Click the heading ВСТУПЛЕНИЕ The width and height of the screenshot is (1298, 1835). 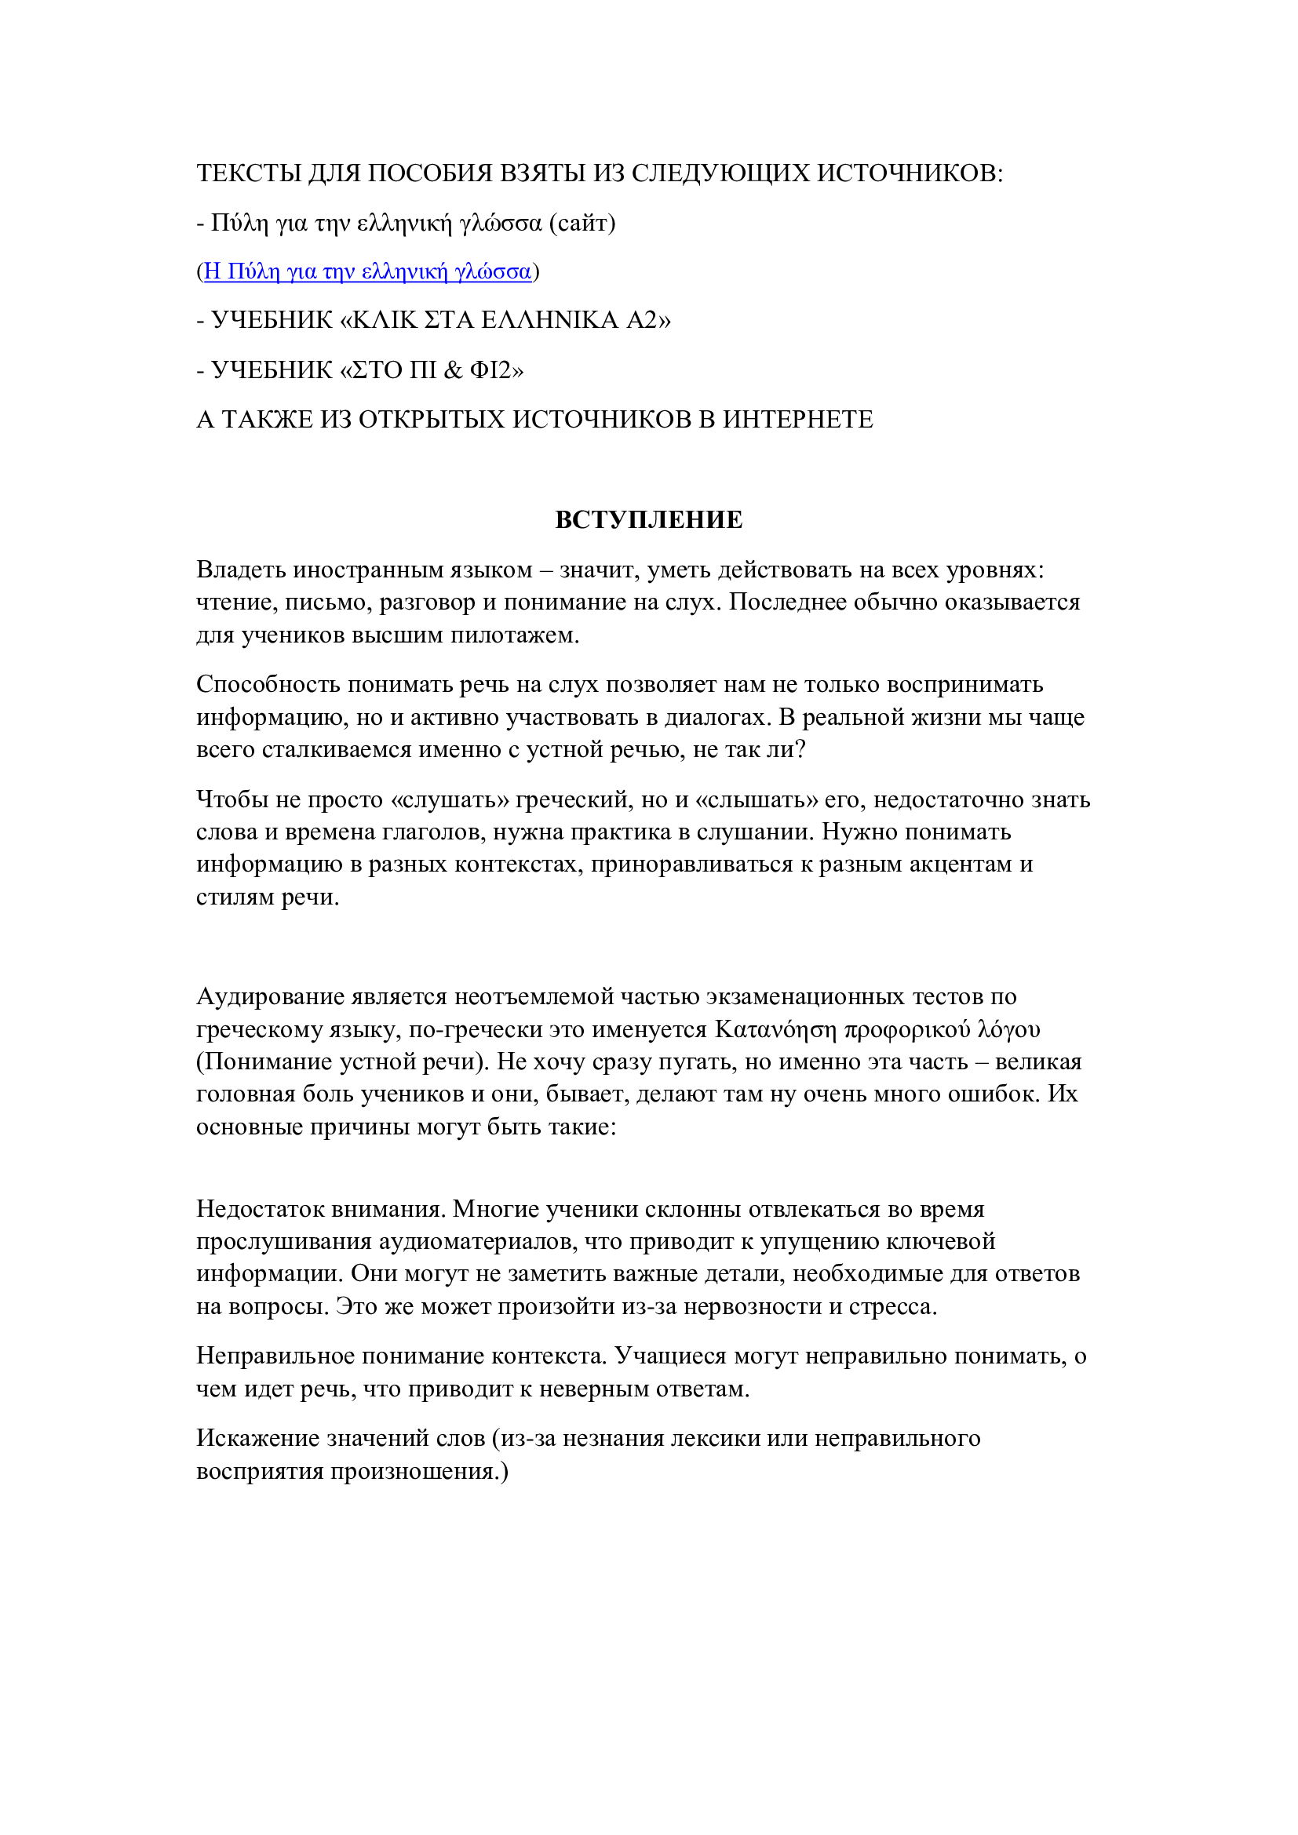[x=648, y=520]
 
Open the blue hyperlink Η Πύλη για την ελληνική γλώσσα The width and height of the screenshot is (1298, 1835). [x=367, y=271]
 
